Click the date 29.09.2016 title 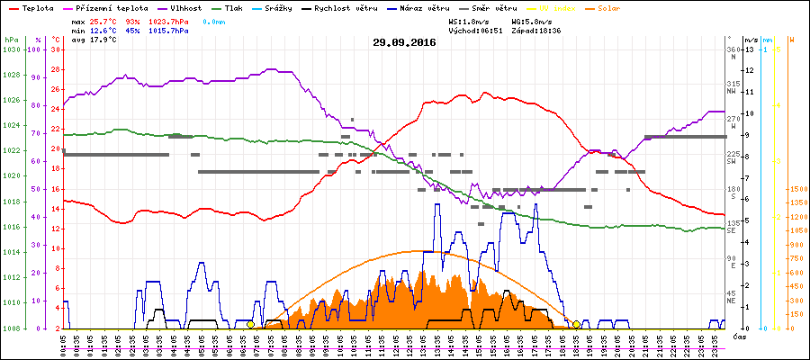404,41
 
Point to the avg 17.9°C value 95,40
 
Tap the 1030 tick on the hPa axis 11,49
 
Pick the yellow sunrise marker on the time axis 250,324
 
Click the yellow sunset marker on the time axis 576,324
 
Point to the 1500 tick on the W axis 797,189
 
